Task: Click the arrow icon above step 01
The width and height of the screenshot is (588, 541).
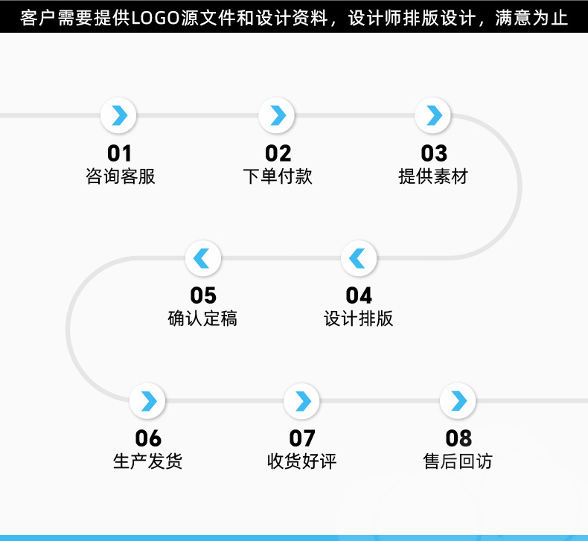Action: click(x=119, y=115)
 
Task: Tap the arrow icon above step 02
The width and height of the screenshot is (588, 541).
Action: click(x=277, y=115)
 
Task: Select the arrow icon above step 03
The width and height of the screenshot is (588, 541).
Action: click(x=434, y=115)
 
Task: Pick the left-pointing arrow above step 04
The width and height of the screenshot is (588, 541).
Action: click(x=359, y=258)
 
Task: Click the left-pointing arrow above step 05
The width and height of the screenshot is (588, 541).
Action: click(x=202, y=258)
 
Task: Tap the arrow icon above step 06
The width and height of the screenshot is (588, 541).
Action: click(x=148, y=401)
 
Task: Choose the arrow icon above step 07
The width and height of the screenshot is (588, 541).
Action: click(x=302, y=401)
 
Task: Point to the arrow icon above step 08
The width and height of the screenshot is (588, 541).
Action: click(x=458, y=401)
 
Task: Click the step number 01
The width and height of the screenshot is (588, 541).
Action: click(x=119, y=153)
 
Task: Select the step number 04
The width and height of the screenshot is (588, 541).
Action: click(x=359, y=295)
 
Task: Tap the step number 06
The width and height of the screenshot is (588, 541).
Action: click(x=148, y=438)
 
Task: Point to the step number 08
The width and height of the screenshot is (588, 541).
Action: click(x=458, y=438)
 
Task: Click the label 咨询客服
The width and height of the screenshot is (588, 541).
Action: click(x=121, y=176)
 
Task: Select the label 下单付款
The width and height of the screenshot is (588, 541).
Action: click(x=278, y=176)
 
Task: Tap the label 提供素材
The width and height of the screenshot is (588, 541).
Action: click(x=433, y=176)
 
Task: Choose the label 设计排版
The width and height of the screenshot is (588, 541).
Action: click(x=359, y=318)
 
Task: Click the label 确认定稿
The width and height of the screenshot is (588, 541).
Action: click(x=202, y=318)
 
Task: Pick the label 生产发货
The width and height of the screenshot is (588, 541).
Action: click(x=147, y=461)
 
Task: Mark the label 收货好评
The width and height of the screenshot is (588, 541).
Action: click(x=302, y=461)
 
